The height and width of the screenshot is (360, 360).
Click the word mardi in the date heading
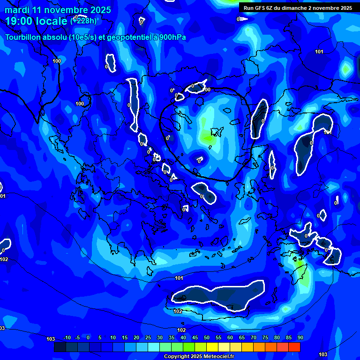(17, 10)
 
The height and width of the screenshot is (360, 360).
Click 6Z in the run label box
(270, 8)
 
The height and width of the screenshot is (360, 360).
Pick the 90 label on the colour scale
(300, 338)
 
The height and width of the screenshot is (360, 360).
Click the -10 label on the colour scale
(67, 338)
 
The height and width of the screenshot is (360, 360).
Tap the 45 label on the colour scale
(195, 338)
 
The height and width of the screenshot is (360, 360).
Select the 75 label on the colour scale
(265, 338)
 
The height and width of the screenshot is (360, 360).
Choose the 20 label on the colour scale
(136, 338)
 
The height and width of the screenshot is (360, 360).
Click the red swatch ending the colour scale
(294, 347)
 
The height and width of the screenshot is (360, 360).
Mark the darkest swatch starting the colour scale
(60, 347)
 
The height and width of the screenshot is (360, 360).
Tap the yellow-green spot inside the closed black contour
(207, 137)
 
